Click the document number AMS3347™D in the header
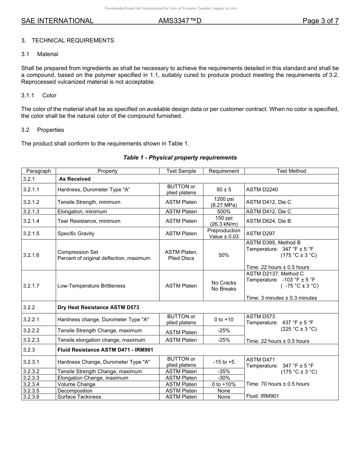coord(180,21)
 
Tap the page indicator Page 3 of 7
coord(320,21)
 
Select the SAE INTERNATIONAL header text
coord(57,21)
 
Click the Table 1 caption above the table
coord(180,158)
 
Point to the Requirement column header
coord(224,171)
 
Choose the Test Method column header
coord(291,171)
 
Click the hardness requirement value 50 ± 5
coord(224,189)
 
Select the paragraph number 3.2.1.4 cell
coord(31,221)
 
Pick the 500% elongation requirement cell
coord(224,211)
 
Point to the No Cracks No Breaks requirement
coord(224,286)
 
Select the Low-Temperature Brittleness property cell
coord(91,286)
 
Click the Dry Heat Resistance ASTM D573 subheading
coord(101,307)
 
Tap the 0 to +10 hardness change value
coord(224,319)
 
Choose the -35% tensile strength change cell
coord(224,371)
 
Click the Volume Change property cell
coord(76,384)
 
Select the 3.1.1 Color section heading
coord(39,95)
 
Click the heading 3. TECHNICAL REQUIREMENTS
coord(67,41)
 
